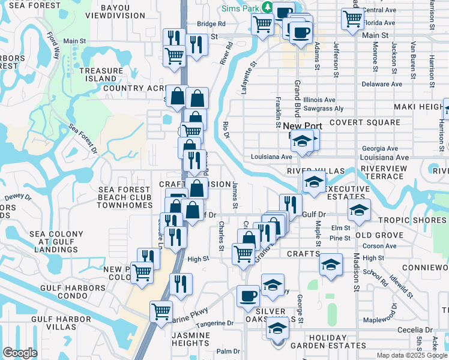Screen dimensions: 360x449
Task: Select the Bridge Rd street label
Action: pyautogui.click(x=212, y=24)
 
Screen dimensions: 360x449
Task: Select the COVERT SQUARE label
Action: pyautogui.click(x=372, y=122)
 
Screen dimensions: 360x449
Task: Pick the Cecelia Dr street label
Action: pyautogui.click(x=414, y=330)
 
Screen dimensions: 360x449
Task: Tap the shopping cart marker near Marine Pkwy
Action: pyautogui.click(x=161, y=311)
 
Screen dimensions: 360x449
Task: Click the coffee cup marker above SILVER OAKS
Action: pyautogui.click(x=249, y=296)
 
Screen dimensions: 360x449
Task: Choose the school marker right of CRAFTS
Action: pyautogui.click(x=331, y=263)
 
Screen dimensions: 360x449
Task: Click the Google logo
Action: pyautogui.click(x=20, y=353)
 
